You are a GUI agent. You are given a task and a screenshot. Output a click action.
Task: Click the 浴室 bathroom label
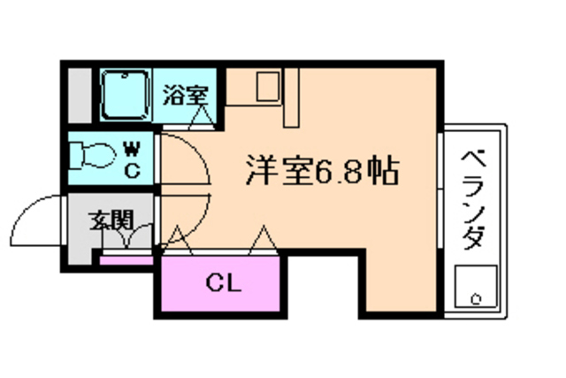pyautogui.click(x=185, y=94)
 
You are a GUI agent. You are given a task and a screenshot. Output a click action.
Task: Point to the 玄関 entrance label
pyautogui.click(x=110, y=220)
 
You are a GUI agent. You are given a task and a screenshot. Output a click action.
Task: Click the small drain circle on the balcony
pyautogui.click(x=476, y=297)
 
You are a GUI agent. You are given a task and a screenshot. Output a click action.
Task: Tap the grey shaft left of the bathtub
pyautogui.click(x=80, y=94)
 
